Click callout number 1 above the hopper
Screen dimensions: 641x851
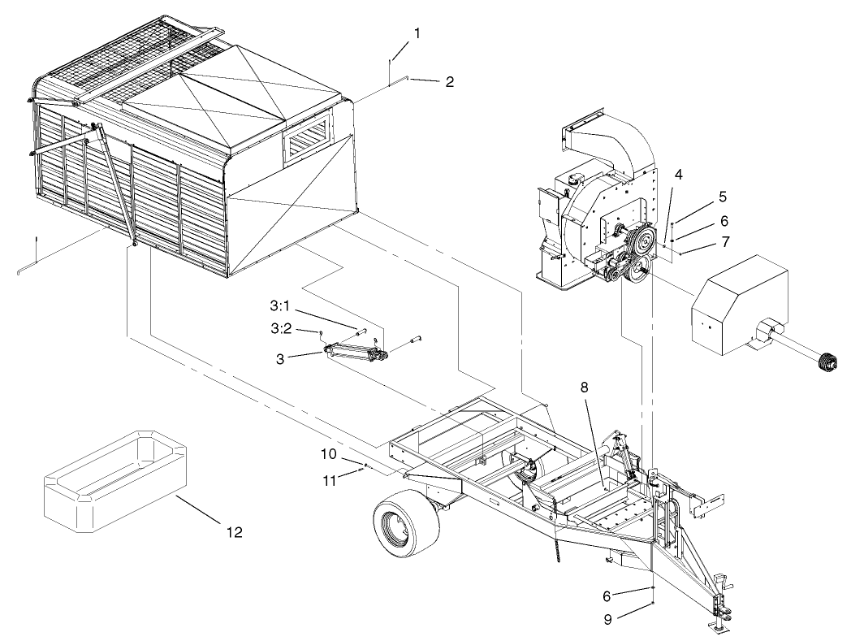pyautogui.click(x=417, y=33)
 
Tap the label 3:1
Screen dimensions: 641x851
pyautogui.click(x=281, y=307)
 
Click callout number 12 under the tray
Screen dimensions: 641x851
pyautogui.click(x=233, y=532)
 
